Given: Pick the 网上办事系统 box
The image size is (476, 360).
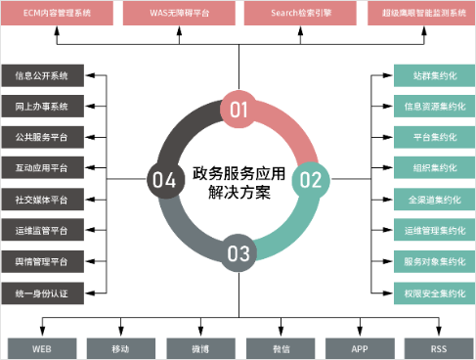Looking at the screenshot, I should tap(42, 107).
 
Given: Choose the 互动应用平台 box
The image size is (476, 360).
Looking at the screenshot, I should tap(42, 168).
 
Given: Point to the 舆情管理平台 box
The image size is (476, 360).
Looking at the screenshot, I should tap(42, 262).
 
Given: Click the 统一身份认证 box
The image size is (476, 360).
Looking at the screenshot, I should tap(42, 293).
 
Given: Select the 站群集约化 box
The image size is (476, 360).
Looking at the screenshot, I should tap(431, 75).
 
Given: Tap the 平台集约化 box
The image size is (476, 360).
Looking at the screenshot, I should tap(431, 138).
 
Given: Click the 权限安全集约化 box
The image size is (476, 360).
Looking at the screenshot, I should tap(431, 293).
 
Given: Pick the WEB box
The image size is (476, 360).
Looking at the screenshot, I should tap(42, 347).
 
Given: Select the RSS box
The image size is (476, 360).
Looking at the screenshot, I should tap(437, 347).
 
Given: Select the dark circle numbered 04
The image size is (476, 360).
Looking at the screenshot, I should tap(163, 179).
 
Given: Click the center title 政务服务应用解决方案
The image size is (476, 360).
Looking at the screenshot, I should tap(238, 181).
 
